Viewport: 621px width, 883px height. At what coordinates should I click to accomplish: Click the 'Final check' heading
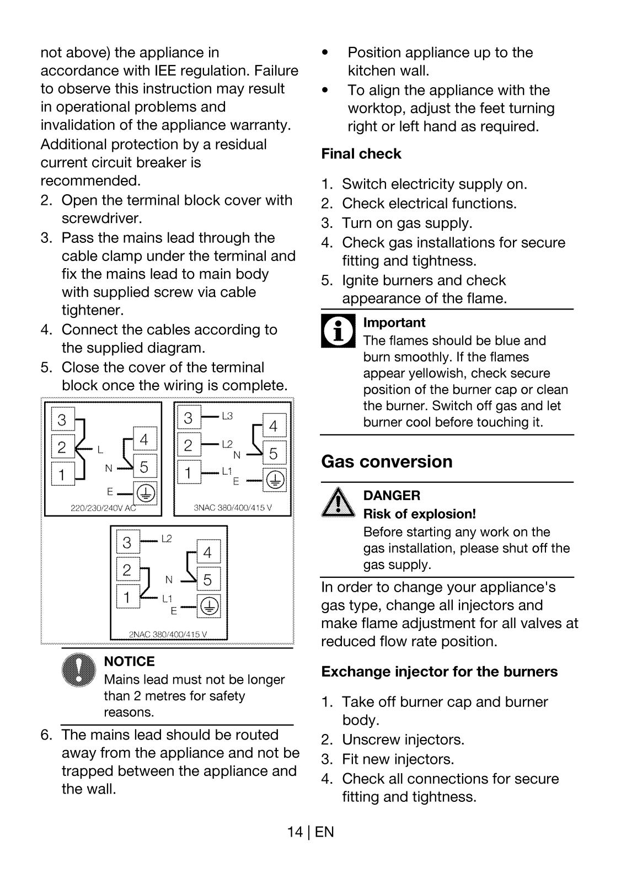click(361, 154)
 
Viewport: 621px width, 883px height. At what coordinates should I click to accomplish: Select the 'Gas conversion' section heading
click(387, 461)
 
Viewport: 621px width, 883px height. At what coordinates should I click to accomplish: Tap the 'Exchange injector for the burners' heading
click(440, 672)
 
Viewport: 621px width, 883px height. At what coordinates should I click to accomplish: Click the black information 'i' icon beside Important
click(338, 331)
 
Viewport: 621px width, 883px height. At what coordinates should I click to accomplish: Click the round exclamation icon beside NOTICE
click(79, 670)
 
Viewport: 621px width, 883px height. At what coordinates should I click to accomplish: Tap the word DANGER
click(392, 496)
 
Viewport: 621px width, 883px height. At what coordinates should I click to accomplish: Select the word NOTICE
click(129, 662)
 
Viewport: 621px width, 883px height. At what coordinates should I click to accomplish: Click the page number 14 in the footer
click(295, 832)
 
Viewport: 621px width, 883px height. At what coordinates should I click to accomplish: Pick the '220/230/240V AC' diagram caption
click(103, 508)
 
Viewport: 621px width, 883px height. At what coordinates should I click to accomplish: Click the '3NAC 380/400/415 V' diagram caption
click(233, 508)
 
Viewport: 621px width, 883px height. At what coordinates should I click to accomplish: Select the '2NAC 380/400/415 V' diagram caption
click(168, 634)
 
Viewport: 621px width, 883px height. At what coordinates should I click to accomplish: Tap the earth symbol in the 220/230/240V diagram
click(146, 493)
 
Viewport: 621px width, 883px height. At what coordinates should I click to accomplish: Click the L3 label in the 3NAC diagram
click(227, 416)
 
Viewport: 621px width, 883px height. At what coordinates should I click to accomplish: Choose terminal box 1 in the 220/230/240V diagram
click(63, 474)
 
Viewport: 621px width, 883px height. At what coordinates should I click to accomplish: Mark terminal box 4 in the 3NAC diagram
click(274, 425)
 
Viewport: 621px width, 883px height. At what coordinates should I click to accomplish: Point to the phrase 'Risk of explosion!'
click(419, 514)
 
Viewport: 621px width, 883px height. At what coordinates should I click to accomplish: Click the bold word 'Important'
click(394, 323)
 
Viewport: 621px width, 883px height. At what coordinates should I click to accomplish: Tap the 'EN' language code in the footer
click(324, 832)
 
